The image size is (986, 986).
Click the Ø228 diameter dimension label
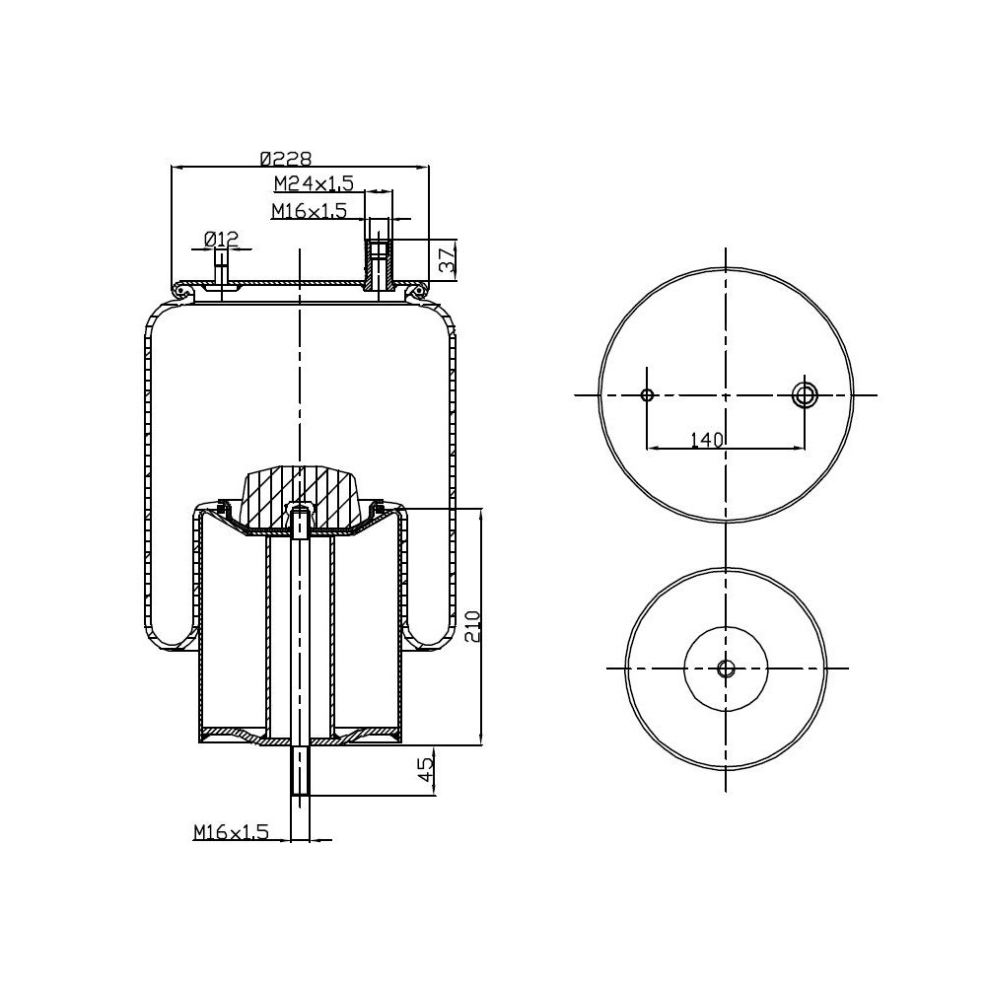[x=285, y=158]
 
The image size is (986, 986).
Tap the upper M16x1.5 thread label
[x=310, y=210]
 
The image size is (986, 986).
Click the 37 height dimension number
[x=447, y=260]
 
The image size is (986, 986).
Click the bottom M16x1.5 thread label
[x=231, y=833]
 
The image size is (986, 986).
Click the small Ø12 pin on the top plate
[x=222, y=271]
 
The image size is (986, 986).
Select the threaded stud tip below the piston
[x=300, y=774]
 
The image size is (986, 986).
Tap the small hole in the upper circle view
[x=647, y=395]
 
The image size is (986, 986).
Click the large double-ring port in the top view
[x=805, y=395]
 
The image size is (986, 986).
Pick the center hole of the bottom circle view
[x=726, y=669]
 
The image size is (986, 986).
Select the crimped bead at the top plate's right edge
[x=421, y=291]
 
